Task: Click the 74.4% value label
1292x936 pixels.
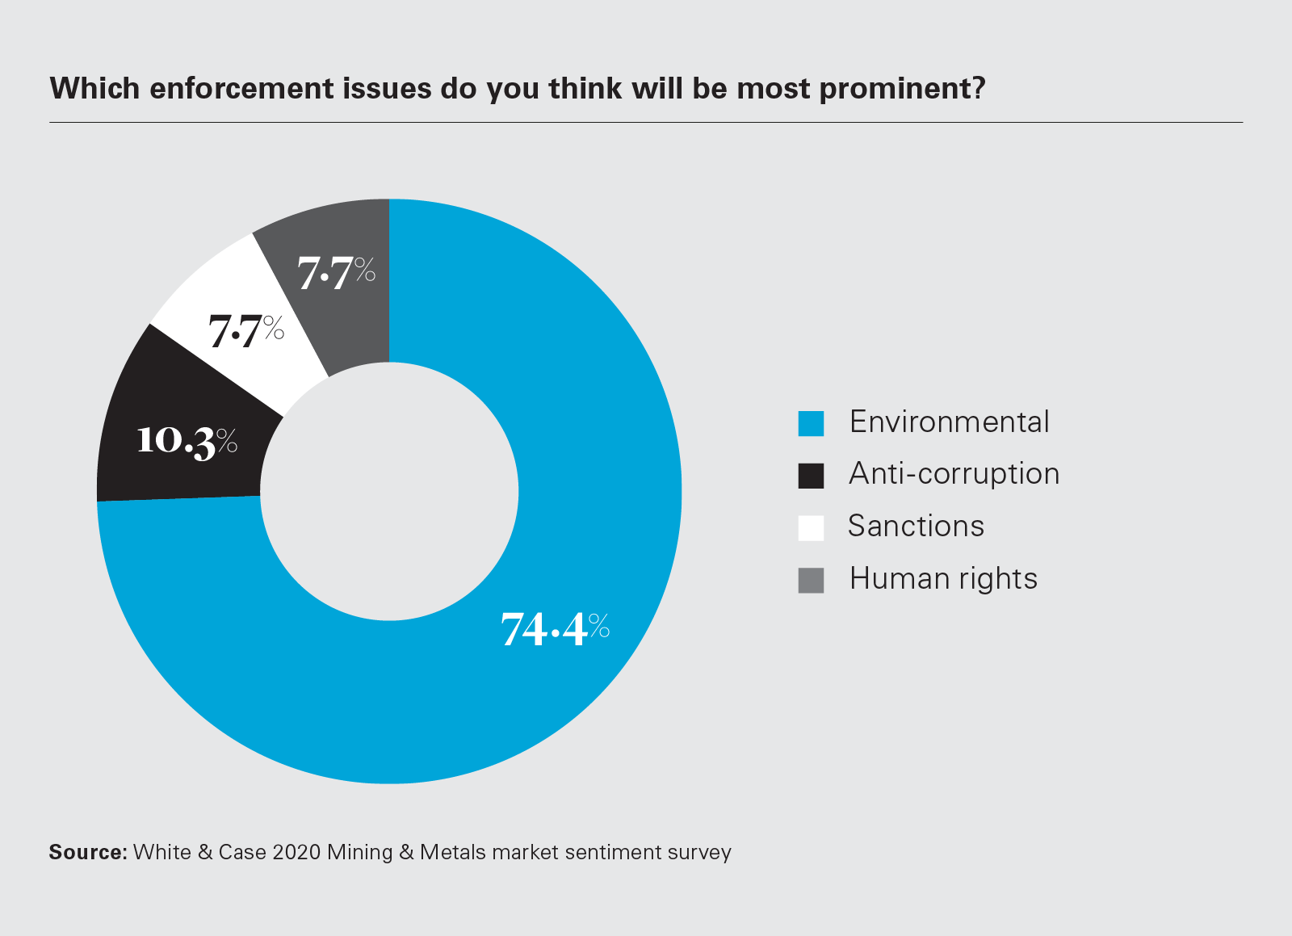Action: coord(555,629)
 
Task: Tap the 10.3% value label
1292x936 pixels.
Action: coord(187,441)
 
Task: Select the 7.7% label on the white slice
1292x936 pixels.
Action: coord(246,331)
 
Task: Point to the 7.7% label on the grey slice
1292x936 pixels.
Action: coord(336,272)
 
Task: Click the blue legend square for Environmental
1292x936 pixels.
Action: coord(811,423)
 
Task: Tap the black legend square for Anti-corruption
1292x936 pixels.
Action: coord(811,476)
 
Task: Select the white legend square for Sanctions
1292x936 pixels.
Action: coord(811,528)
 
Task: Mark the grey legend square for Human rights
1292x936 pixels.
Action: coord(811,581)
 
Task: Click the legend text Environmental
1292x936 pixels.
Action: coord(949,422)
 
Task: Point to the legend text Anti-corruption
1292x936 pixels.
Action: coord(954,474)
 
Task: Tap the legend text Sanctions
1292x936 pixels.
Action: coord(916,527)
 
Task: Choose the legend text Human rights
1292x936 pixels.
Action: coord(943,579)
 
